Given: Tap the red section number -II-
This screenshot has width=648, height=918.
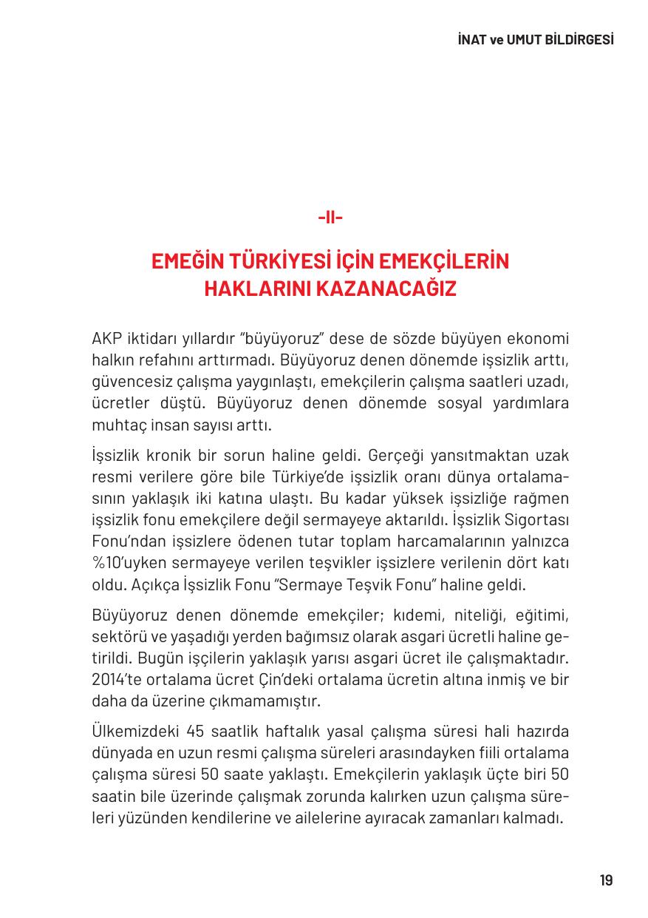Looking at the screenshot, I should pyautogui.click(x=330, y=217).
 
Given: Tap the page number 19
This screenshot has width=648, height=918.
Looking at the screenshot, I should pyautogui.click(x=606, y=880).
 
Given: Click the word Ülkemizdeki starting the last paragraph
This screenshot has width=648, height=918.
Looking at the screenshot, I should pyautogui.click(x=134, y=732).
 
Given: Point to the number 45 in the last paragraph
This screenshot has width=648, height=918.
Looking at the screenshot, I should pyautogui.click(x=196, y=732).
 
